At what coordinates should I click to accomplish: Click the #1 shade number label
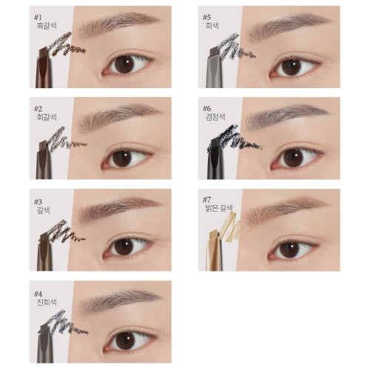click(38, 18)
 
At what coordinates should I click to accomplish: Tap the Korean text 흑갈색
click(47, 26)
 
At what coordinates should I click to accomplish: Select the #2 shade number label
click(38, 109)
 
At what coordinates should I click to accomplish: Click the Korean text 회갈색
click(47, 117)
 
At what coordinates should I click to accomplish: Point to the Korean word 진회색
click(47, 302)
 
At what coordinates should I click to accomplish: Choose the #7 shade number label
click(206, 199)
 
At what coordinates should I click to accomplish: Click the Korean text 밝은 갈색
click(219, 208)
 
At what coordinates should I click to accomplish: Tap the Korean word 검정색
click(215, 117)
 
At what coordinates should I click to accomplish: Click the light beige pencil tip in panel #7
click(214, 235)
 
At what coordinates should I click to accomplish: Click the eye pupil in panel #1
click(124, 64)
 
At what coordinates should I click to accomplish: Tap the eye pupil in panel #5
click(292, 67)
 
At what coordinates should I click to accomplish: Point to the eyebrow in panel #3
click(118, 206)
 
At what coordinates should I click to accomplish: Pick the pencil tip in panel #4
click(45, 329)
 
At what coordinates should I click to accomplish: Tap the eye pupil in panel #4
click(126, 341)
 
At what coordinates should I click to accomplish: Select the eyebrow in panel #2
click(118, 116)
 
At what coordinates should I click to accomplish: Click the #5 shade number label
click(206, 18)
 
